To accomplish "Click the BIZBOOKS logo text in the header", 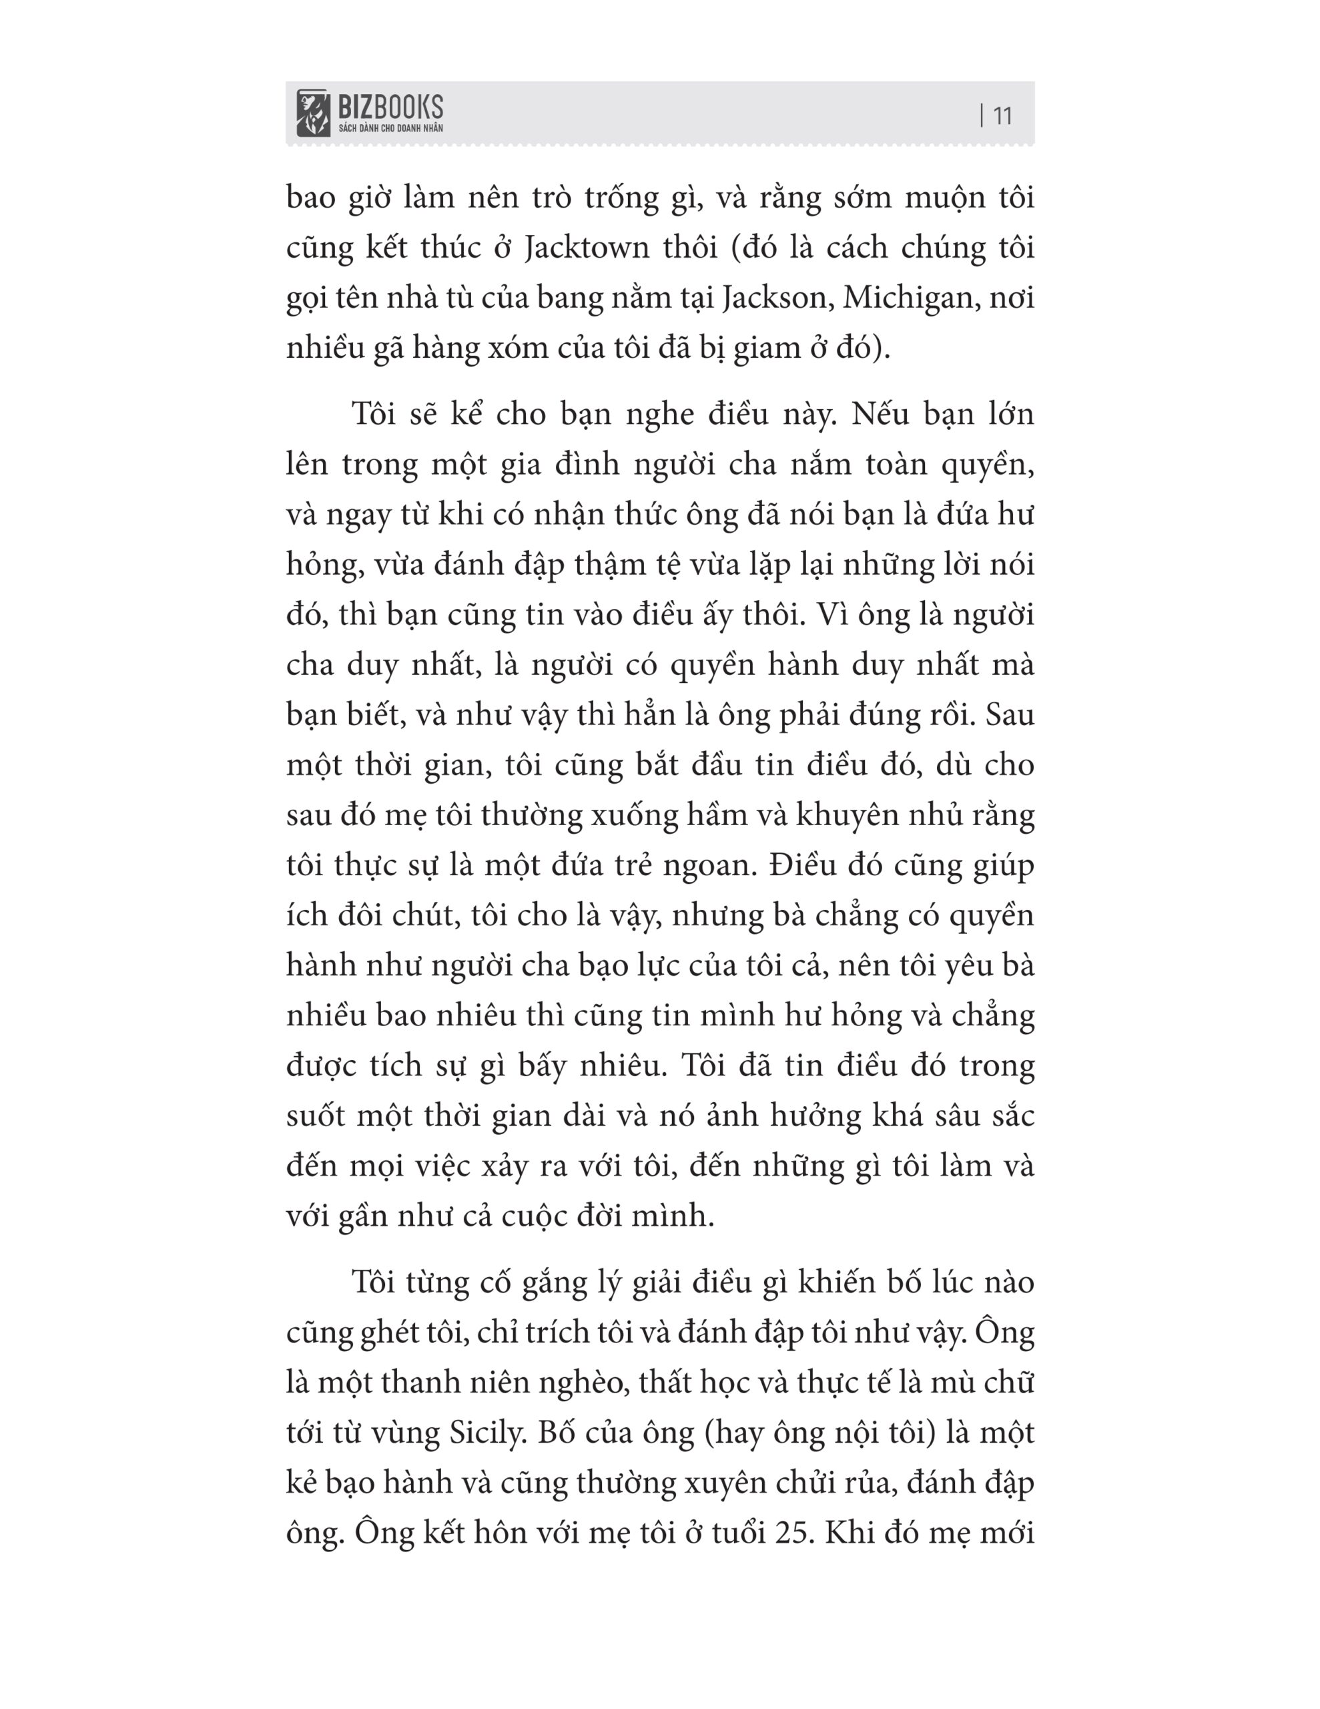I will click(x=390, y=107).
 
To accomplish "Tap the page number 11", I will click(x=1002, y=115).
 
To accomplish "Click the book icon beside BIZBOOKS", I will click(x=313, y=113).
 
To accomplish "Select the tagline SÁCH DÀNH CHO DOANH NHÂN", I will click(x=390, y=128).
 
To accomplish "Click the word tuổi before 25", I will click(x=738, y=1533).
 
